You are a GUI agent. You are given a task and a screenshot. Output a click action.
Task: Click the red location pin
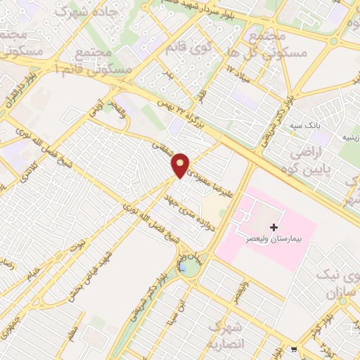pyautogui.click(x=181, y=165)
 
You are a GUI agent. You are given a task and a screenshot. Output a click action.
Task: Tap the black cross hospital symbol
pyautogui.click(x=274, y=227)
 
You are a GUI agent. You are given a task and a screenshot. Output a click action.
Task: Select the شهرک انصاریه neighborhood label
pyautogui.click(x=226, y=335)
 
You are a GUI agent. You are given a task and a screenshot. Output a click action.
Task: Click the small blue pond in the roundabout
pyautogui.click(x=184, y=268)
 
